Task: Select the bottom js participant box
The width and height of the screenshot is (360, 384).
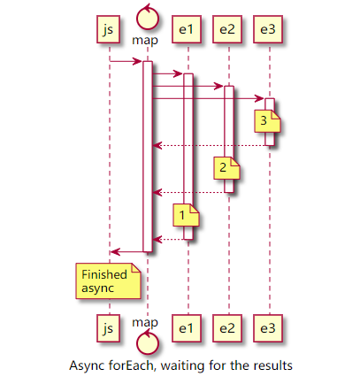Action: [x=108, y=328]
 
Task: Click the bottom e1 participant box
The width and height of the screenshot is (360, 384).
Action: [x=185, y=328]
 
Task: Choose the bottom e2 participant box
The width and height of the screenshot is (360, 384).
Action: [x=227, y=328]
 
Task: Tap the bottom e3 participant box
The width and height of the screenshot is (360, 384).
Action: [x=267, y=328]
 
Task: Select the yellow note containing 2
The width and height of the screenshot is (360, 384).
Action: [x=225, y=167]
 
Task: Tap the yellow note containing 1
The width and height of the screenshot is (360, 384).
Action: [x=185, y=214]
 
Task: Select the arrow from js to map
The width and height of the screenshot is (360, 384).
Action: [x=126, y=61]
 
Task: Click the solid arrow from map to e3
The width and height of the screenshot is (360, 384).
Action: [x=209, y=98]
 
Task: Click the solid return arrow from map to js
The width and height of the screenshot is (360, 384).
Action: [x=127, y=252]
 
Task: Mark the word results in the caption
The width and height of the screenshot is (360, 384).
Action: [x=271, y=365]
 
